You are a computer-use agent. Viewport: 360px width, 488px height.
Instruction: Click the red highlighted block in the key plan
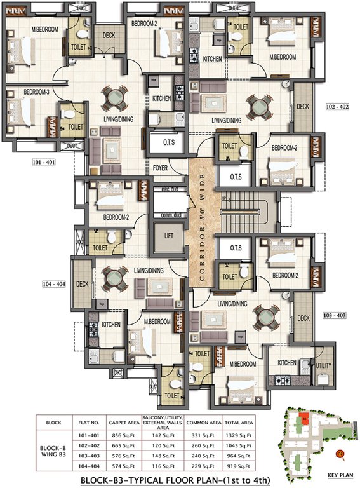click(x=305, y=419)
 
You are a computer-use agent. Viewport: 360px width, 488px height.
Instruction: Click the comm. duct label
click(x=168, y=213)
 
